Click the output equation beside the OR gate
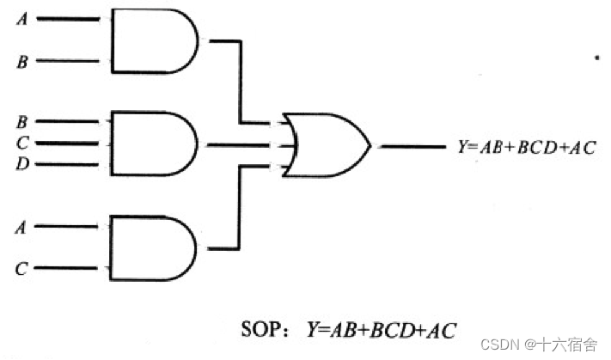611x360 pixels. click(x=527, y=146)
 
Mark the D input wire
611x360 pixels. click(x=73, y=164)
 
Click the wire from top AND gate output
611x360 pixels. click(x=238, y=82)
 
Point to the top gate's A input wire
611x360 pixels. click(x=73, y=19)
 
